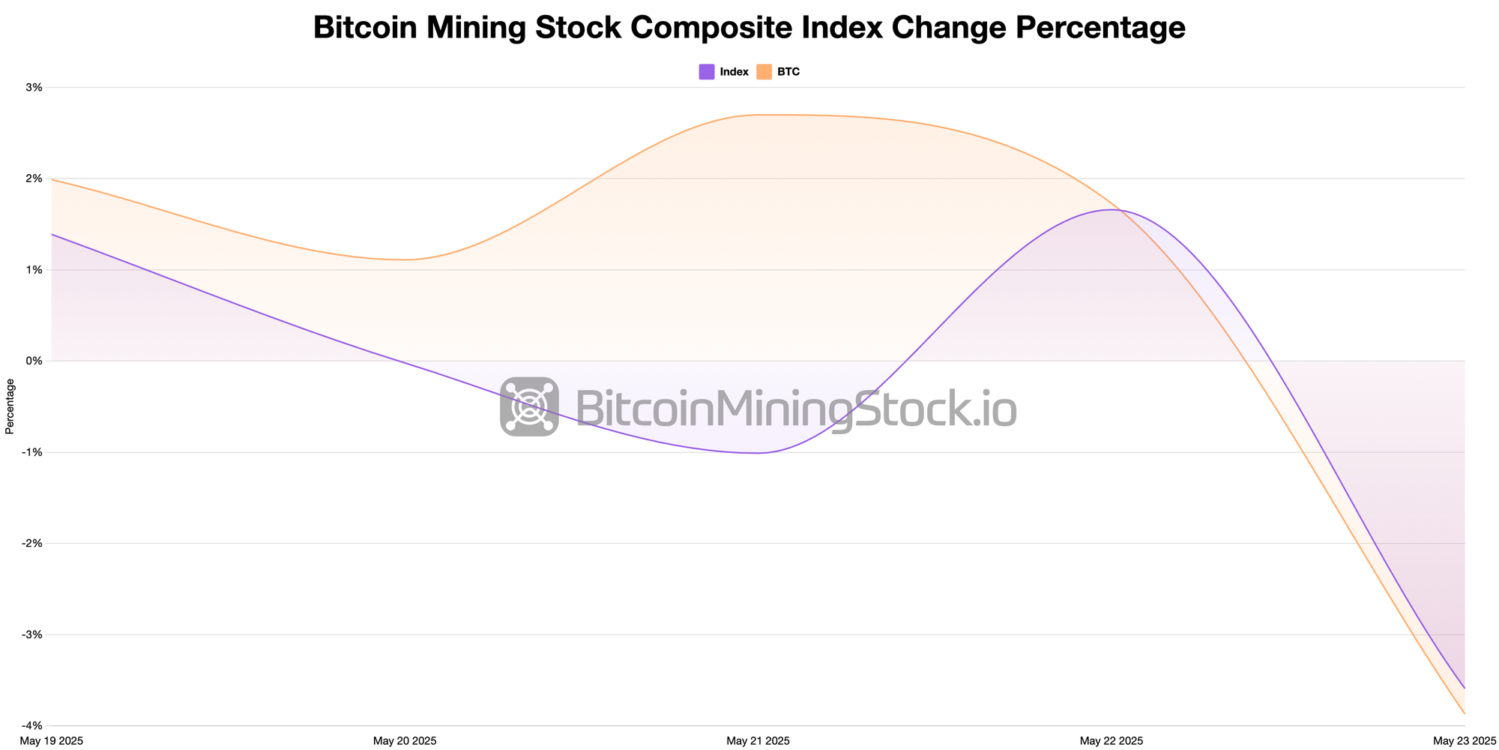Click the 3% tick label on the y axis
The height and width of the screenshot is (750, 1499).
pos(34,88)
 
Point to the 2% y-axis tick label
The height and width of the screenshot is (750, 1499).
pos(34,178)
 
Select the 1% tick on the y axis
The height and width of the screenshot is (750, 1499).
pos(34,270)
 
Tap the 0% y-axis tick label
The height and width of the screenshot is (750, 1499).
pos(34,361)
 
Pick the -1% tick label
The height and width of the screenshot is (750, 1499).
pos(33,452)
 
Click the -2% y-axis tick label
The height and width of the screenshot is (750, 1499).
pos(33,544)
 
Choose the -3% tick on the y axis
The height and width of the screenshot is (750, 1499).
pos(33,634)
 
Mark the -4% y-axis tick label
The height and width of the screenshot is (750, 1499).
pos(33,726)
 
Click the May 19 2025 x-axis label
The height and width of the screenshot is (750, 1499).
pos(52,741)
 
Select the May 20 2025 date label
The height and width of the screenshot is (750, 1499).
pos(405,741)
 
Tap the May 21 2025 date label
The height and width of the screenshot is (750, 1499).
pos(758,741)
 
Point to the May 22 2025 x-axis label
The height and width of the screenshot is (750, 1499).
pos(1112,741)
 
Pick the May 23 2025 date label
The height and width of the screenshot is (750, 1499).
pos(1465,741)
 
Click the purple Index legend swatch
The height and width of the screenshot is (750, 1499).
pos(707,72)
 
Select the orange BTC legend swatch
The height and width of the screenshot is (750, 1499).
pos(764,72)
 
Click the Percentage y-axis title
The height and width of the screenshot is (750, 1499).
pos(10,406)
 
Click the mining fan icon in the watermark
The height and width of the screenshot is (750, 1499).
pos(529,406)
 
